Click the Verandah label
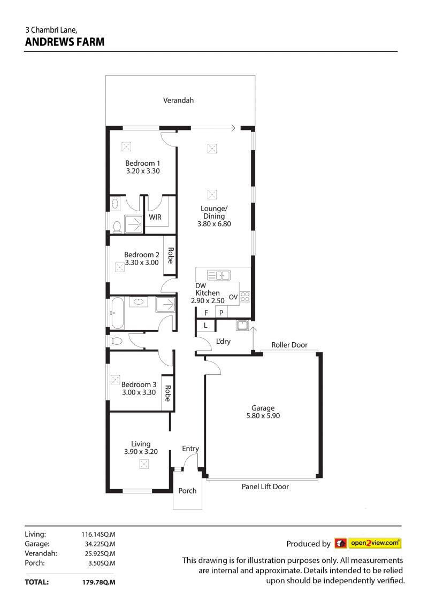point(178,101)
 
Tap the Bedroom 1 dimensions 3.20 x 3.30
point(143,171)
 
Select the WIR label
point(155,217)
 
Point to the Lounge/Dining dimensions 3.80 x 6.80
point(214,223)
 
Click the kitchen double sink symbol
point(218,275)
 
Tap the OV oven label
point(233,297)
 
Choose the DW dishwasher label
point(201,285)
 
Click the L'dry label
point(223,341)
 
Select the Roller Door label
point(289,345)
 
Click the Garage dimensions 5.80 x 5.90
point(263,415)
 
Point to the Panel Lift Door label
point(265,487)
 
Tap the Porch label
point(187,491)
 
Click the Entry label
point(190,449)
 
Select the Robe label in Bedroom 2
point(170,255)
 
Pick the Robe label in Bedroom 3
point(168,393)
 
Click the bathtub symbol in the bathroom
point(117,313)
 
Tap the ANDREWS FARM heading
point(65,42)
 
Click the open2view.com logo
point(368,543)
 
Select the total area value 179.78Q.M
point(98,582)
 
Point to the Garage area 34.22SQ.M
point(100,544)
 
